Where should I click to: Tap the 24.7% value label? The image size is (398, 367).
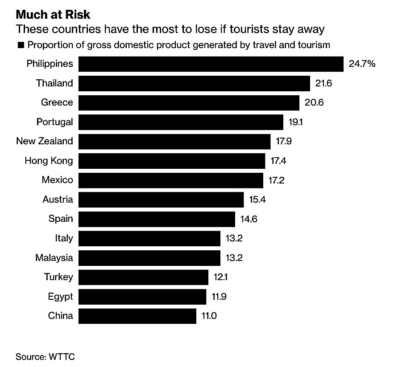click(x=362, y=64)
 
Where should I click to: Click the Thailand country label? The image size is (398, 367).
click(x=54, y=83)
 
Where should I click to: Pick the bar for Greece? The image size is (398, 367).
click(x=189, y=102)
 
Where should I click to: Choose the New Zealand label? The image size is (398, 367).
click(x=44, y=141)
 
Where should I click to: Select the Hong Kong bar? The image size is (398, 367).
click(x=172, y=160)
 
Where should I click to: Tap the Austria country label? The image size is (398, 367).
click(x=58, y=199)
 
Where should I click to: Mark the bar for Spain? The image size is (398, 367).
click(x=157, y=219)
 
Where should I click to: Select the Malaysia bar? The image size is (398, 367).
click(x=149, y=257)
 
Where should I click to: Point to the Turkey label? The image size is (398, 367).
click(x=58, y=277)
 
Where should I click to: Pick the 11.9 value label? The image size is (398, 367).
click(x=219, y=297)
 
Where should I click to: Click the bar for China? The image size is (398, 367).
click(x=137, y=316)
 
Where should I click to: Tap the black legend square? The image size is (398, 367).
click(x=20, y=45)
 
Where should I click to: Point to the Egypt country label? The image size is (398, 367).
click(x=60, y=297)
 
